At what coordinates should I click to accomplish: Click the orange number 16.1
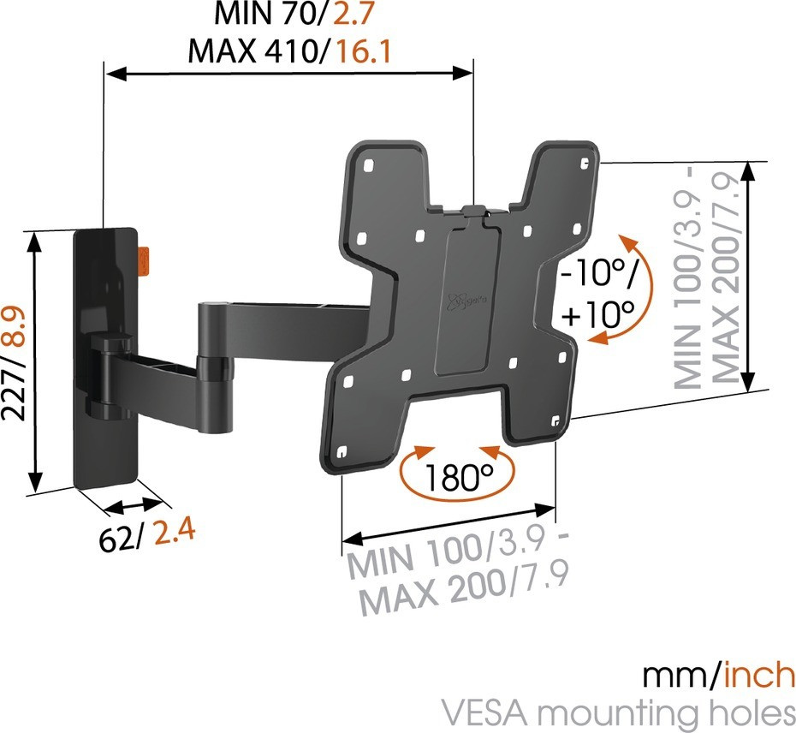click(x=364, y=51)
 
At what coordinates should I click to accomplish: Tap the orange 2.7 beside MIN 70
click(x=353, y=14)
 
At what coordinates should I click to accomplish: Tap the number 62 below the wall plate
click(x=116, y=539)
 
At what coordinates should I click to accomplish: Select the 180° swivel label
click(x=458, y=478)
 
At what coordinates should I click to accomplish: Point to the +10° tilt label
click(x=598, y=314)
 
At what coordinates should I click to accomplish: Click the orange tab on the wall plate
click(x=144, y=260)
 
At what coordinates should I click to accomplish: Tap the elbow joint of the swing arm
click(x=213, y=366)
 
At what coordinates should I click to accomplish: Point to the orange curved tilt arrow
click(x=632, y=289)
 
